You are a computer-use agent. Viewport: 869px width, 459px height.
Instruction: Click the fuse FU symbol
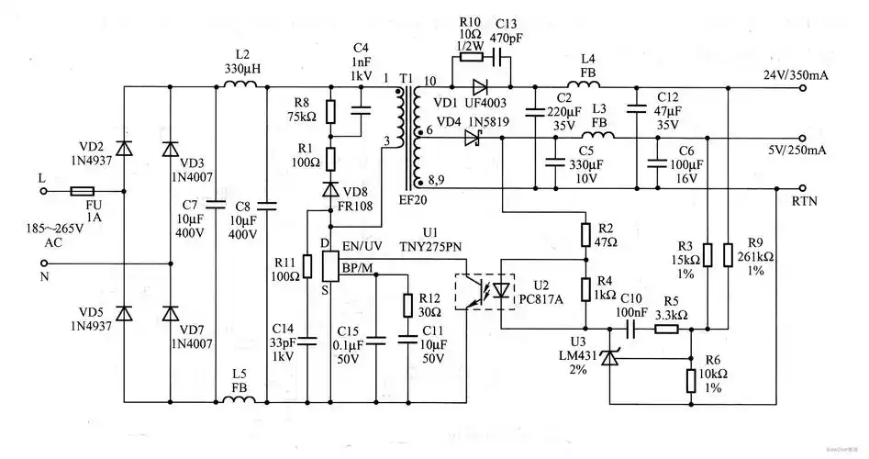click(81, 193)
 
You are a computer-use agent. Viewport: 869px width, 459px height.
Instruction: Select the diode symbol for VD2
click(125, 147)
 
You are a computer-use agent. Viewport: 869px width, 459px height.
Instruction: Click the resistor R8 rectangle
click(331, 111)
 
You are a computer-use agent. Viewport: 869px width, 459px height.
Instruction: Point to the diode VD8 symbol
click(331, 189)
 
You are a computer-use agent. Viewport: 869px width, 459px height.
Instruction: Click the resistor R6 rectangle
click(690, 381)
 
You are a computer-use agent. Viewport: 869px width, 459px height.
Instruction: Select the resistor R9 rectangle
click(727, 254)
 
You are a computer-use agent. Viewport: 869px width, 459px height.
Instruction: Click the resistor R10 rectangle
click(472, 56)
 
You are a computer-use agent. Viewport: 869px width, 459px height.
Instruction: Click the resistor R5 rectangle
click(665, 327)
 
